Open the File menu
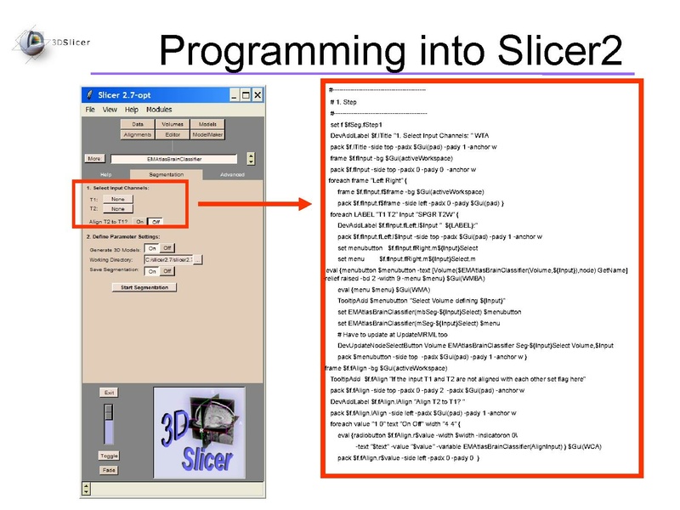tap(90, 110)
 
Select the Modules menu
tap(159, 110)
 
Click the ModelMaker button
tap(207, 134)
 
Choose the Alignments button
tap(138, 134)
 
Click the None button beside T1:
tap(117, 199)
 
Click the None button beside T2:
tap(117, 208)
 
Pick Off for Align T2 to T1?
tap(156, 221)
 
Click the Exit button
tap(109, 393)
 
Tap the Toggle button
tap(109, 456)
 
